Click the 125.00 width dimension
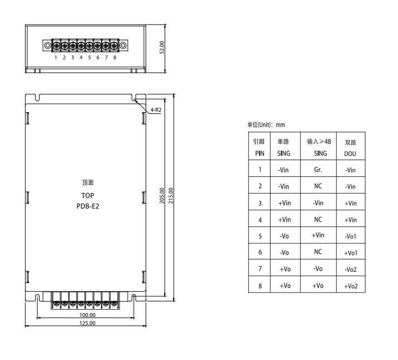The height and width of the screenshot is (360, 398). (x=87, y=323)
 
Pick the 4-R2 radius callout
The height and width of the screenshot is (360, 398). (x=156, y=110)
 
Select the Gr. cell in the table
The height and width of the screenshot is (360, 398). (x=318, y=169)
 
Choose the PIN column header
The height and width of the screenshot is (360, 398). (x=259, y=152)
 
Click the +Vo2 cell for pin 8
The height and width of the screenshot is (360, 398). (x=351, y=286)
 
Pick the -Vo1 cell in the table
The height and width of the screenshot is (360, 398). (x=351, y=236)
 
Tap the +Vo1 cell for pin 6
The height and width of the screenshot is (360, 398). (x=351, y=253)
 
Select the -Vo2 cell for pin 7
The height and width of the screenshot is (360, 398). (x=351, y=270)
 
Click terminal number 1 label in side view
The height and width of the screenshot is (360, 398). (x=56, y=57)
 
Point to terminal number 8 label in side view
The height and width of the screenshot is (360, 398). (x=114, y=57)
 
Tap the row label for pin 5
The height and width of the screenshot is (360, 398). (x=259, y=236)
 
